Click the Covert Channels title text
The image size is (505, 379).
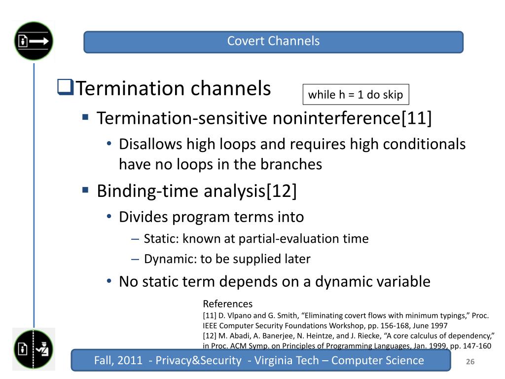point(273,41)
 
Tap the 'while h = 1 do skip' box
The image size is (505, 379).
point(356,94)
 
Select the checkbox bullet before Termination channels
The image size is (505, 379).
point(66,87)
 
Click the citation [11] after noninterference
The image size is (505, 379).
point(416,117)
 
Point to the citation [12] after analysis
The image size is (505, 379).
point(281,190)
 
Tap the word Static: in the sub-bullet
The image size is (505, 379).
point(161,238)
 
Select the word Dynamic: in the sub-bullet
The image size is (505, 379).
point(170,259)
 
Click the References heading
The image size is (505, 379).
point(228,303)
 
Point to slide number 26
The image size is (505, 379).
point(470,362)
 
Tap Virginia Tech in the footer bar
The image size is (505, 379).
point(287,360)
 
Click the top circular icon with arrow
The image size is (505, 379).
point(34,41)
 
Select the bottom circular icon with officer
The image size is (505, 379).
point(34,349)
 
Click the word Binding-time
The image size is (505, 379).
point(148,191)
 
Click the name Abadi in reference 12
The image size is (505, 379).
point(239,336)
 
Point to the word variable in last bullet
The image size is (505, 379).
point(405,281)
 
